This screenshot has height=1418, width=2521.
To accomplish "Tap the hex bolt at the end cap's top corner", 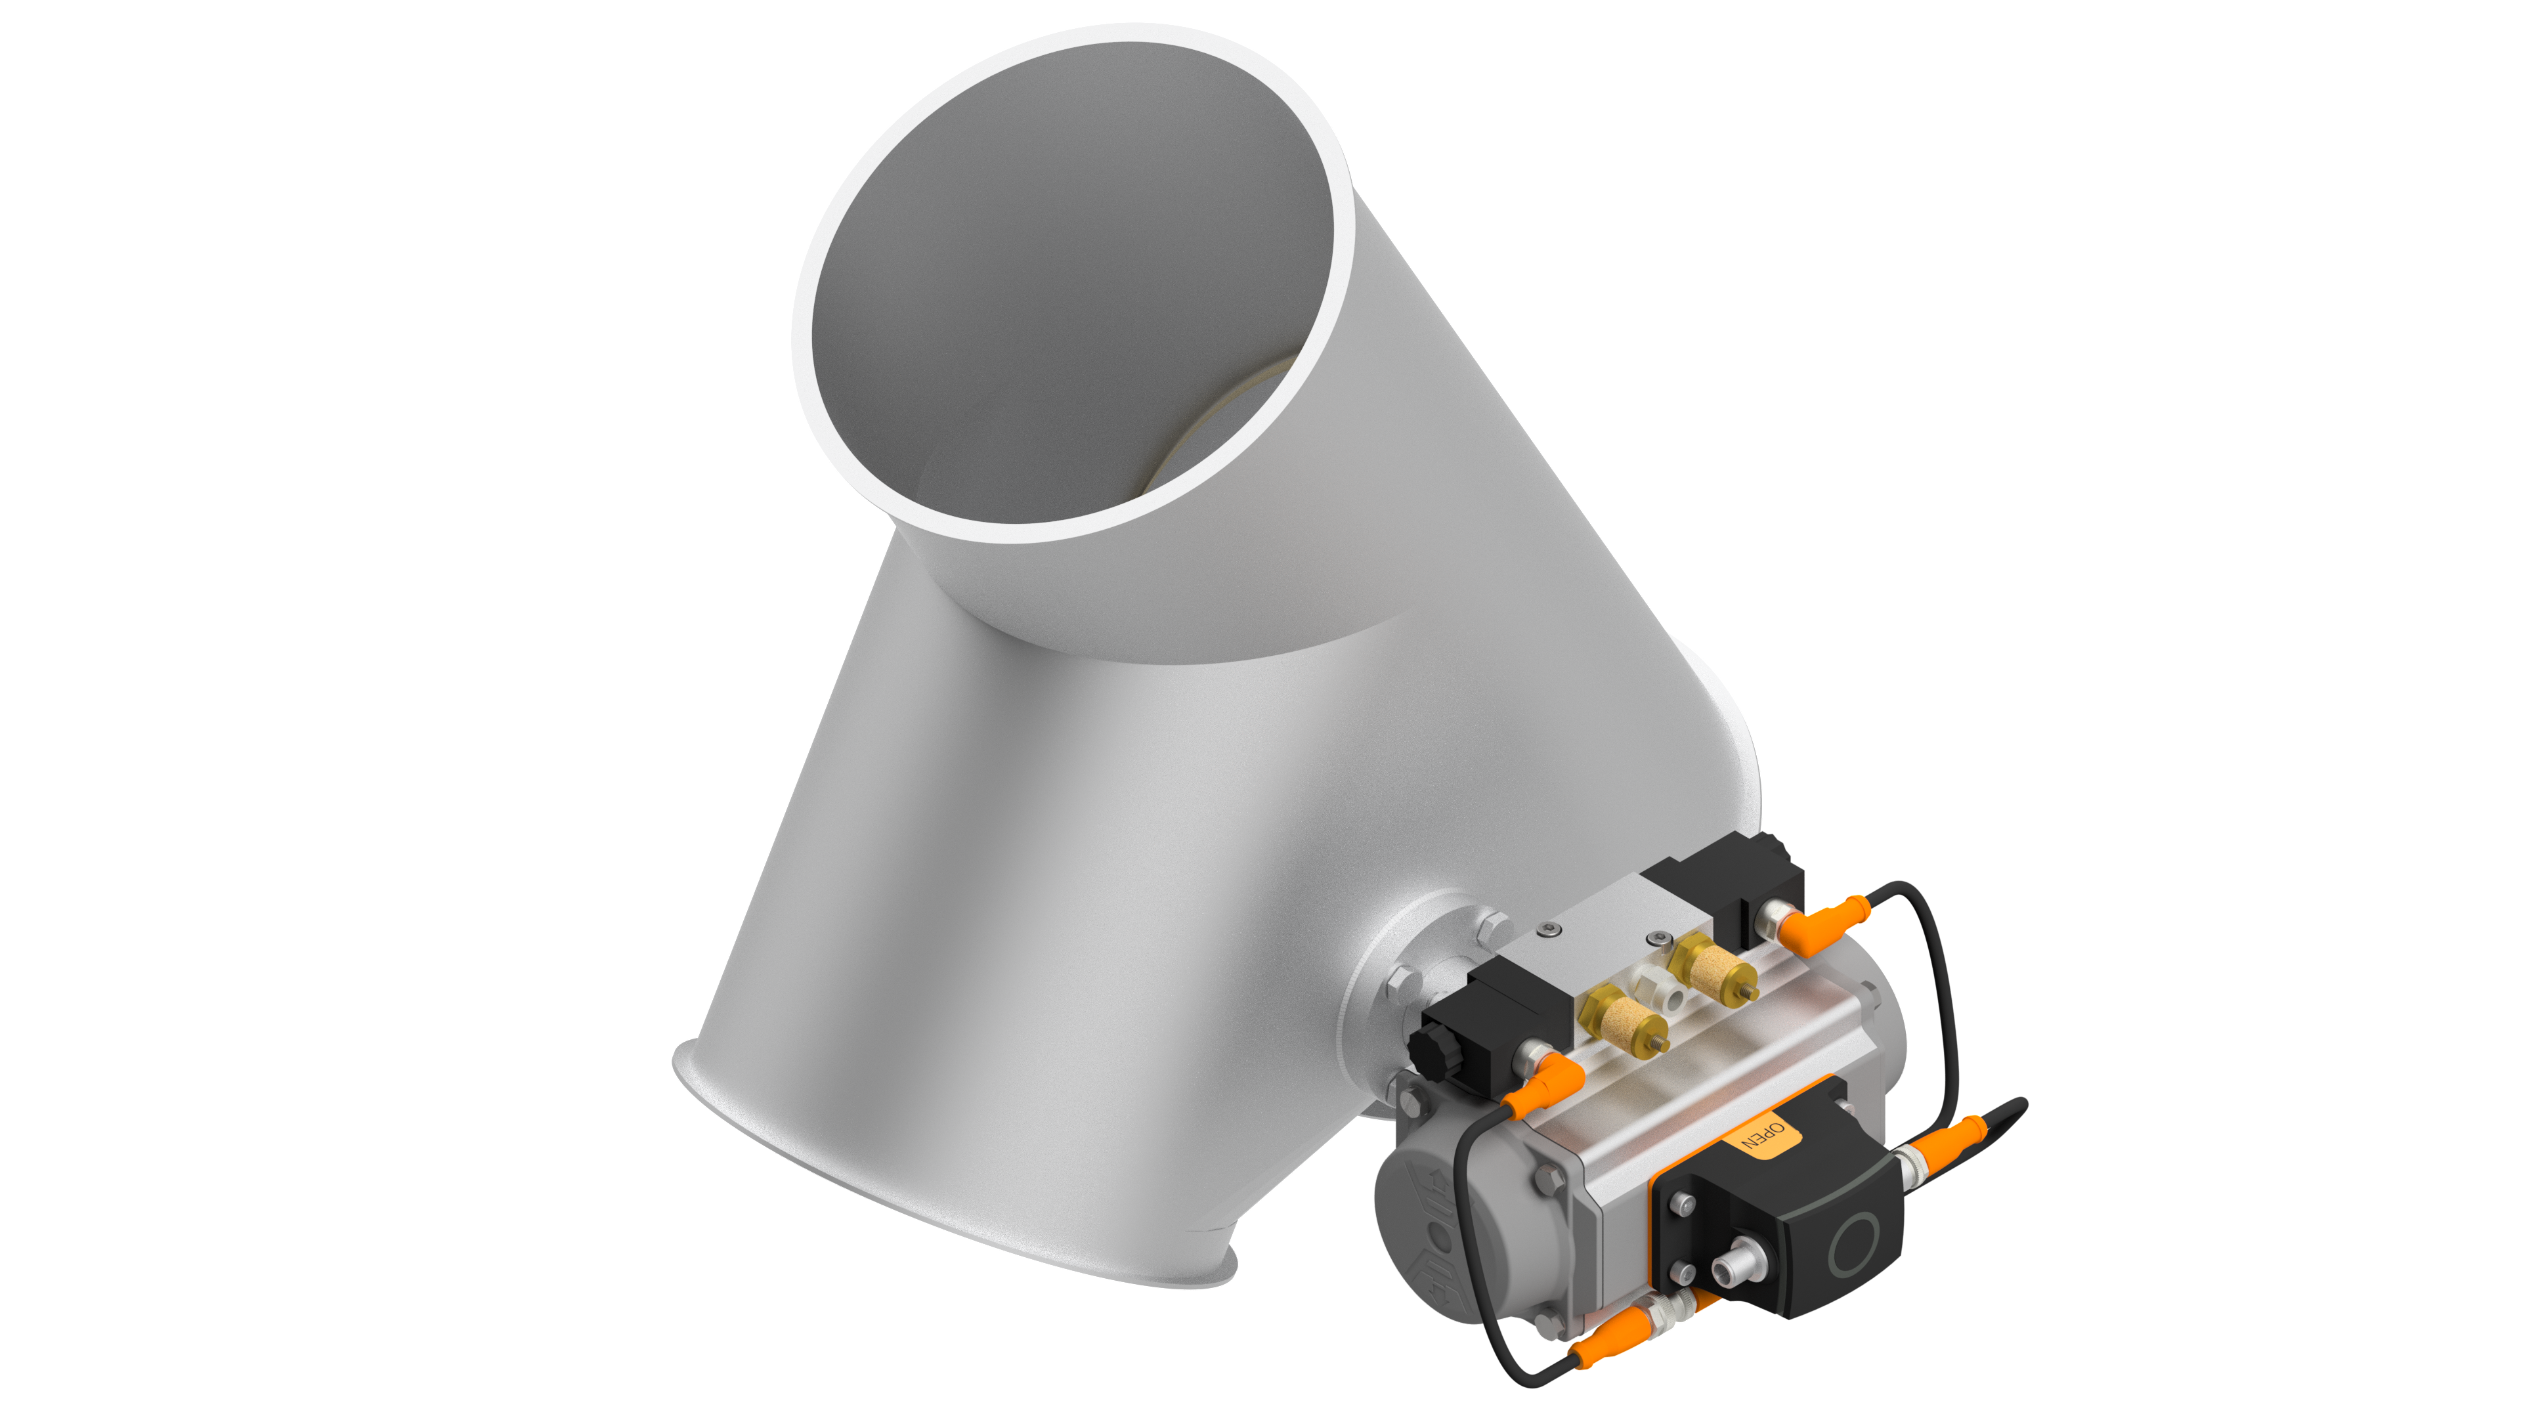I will pos(1414,1100).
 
